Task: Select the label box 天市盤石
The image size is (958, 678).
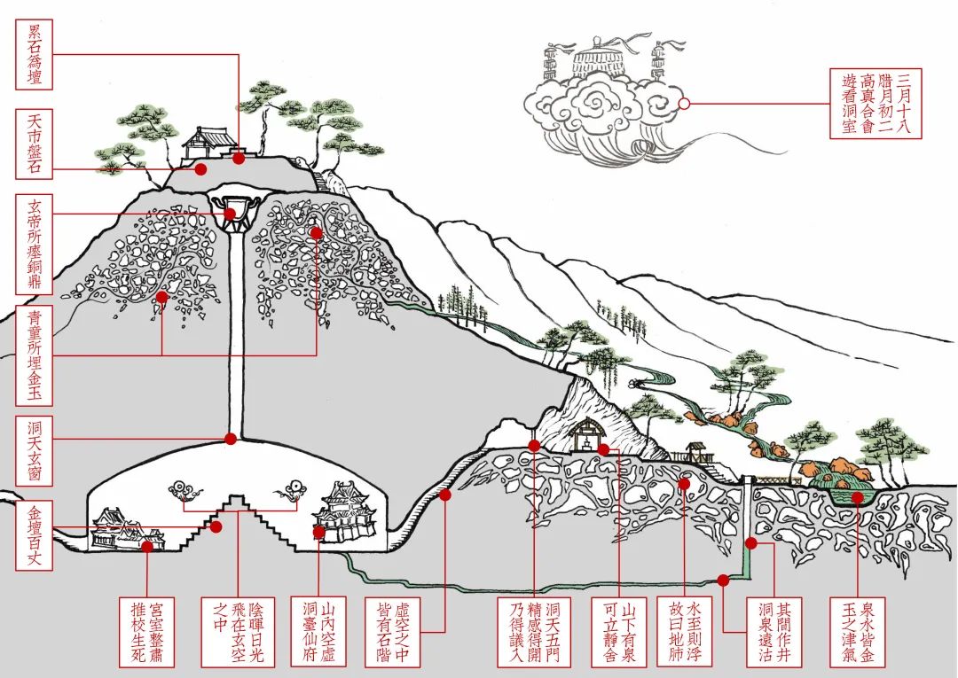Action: pyautogui.click(x=35, y=144)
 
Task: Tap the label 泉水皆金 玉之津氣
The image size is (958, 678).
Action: pyautogui.click(x=858, y=631)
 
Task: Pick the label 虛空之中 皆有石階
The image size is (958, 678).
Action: pyautogui.click(x=391, y=631)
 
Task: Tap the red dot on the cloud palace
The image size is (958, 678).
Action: pyautogui.click(x=684, y=104)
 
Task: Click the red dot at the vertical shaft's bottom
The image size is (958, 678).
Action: pyautogui.click(x=231, y=438)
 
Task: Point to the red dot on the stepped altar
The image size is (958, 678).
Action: pyautogui.click(x=216, y=526)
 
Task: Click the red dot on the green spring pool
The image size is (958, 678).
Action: pyautogui.click(x=858, y=498)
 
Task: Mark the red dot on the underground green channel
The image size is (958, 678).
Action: pyautogui.click(x=723, y=581)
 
